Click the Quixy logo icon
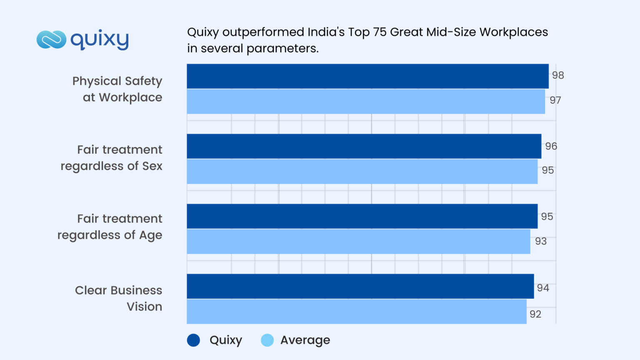pos(51,40)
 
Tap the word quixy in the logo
pos(100,40)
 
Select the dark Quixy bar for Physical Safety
pos(367,76)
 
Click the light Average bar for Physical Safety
pos(366,101)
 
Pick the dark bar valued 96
pos(364,146)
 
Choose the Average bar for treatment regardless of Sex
pos(362,171)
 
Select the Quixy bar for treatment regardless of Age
pos(362,216)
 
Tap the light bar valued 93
pos(358,241)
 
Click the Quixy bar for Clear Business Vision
pos(360,286)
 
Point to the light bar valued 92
pos(357,311)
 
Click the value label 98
pos(558,75)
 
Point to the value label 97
pos(555,100)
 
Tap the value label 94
pos(543,288)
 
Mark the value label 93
pos(541,241)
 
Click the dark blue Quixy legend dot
pos(193,340)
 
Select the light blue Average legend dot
pos(267,340)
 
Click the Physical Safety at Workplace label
pos(117,89)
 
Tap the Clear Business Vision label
pos(119,298)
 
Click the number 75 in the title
pos(379,32)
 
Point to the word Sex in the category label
pos(152,166)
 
